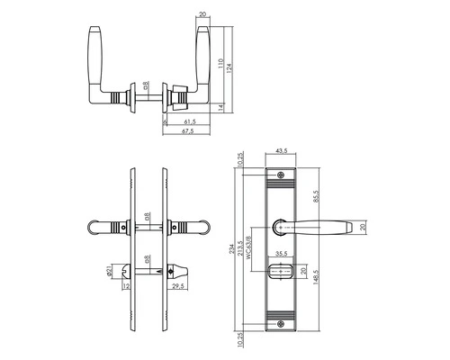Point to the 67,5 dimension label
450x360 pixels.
click(190, 132)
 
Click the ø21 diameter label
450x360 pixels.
click(112, 270)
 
